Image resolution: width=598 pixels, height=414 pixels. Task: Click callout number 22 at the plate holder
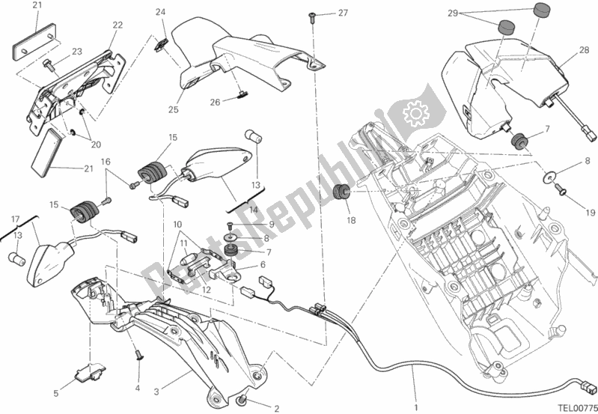point(118,25)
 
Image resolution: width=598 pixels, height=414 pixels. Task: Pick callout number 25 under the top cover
point(173,110)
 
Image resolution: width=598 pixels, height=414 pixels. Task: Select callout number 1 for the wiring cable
point(417,367)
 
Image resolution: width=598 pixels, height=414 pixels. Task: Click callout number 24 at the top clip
point(159,11)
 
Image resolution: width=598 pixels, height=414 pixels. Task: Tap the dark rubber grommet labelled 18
point(341,193)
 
